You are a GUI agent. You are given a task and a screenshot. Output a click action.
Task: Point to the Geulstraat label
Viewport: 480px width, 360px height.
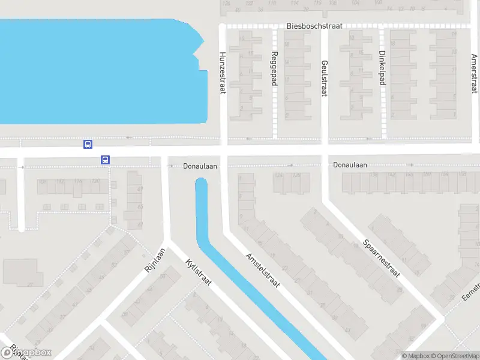[325, 77]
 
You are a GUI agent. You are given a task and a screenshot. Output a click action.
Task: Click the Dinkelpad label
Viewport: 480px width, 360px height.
[382, 69]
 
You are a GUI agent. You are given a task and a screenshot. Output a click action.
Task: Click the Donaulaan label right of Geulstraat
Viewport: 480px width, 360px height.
[350, 164]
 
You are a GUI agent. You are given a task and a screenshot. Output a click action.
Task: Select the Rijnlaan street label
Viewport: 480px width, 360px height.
[154, 260]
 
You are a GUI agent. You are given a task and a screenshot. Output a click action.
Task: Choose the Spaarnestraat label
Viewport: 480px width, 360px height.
[382, 258]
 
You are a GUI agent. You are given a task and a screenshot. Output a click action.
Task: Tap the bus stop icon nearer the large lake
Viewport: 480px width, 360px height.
[88, 144]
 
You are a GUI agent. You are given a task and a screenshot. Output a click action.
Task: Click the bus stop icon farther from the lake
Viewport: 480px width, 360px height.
[105, 160]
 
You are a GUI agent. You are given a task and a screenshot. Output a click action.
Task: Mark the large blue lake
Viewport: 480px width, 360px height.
[96, 72]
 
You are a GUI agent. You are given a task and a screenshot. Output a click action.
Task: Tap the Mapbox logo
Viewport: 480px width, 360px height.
[26, 352]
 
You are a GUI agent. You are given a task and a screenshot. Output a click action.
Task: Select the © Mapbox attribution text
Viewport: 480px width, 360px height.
[415, 356]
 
